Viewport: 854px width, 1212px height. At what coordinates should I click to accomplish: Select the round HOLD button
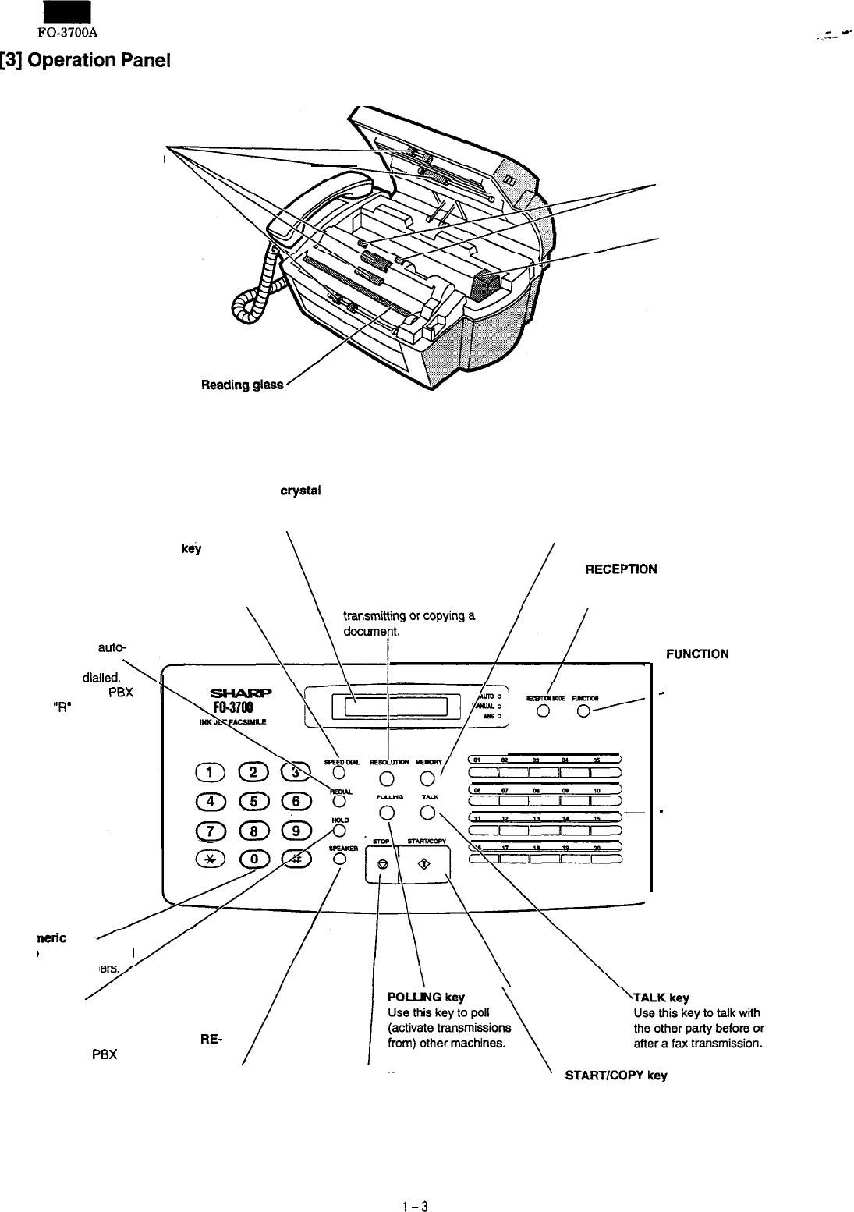[339, 829]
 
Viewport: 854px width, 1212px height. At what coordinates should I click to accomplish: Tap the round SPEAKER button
[339, 858]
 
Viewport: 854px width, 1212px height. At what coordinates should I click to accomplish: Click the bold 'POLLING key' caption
[426, 998]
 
